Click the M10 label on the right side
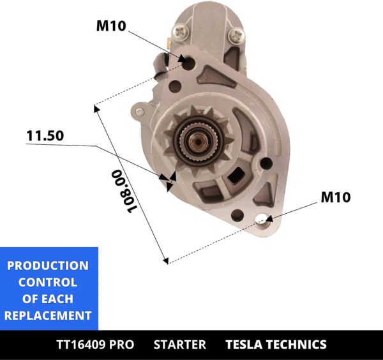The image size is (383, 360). click(x=335, y=197)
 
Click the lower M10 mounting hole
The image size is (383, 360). click(x=262, y=220)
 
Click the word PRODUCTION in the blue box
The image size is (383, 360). click(x=49, y=266)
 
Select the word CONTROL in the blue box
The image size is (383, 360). click(x=48, y=282)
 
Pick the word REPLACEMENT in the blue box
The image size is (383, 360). click(x=49, y=315)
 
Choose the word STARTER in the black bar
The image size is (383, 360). click(x=180, y=345)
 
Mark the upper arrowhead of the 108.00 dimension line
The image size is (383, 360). click(x=96, y=107)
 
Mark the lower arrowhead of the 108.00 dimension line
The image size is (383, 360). click(x=165, y=260)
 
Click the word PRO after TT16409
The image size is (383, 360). click(x=122, y=345)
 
